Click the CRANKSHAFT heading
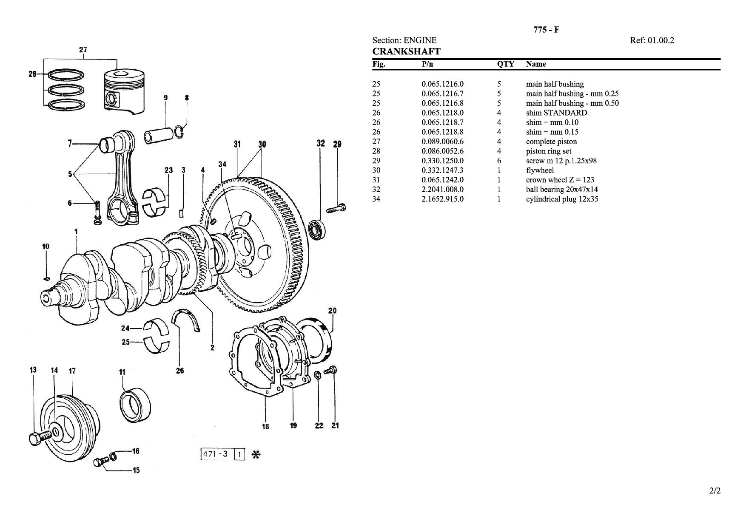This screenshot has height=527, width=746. [x=406, y=52]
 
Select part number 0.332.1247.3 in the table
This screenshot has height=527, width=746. [x=442, y=170]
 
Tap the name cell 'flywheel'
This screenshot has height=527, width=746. [x=540, y=170]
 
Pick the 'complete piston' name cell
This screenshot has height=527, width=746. [x=551, y=142]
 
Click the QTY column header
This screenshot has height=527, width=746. [x=506, y=64]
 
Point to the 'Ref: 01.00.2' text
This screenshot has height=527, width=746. [x=652, y=40]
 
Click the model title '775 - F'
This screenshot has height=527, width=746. [x=546, y=30]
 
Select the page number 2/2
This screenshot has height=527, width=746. [x=715, y=491]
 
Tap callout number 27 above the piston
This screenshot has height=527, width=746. [x=83, y=50]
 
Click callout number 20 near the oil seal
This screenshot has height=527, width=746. [x=332, y=311]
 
